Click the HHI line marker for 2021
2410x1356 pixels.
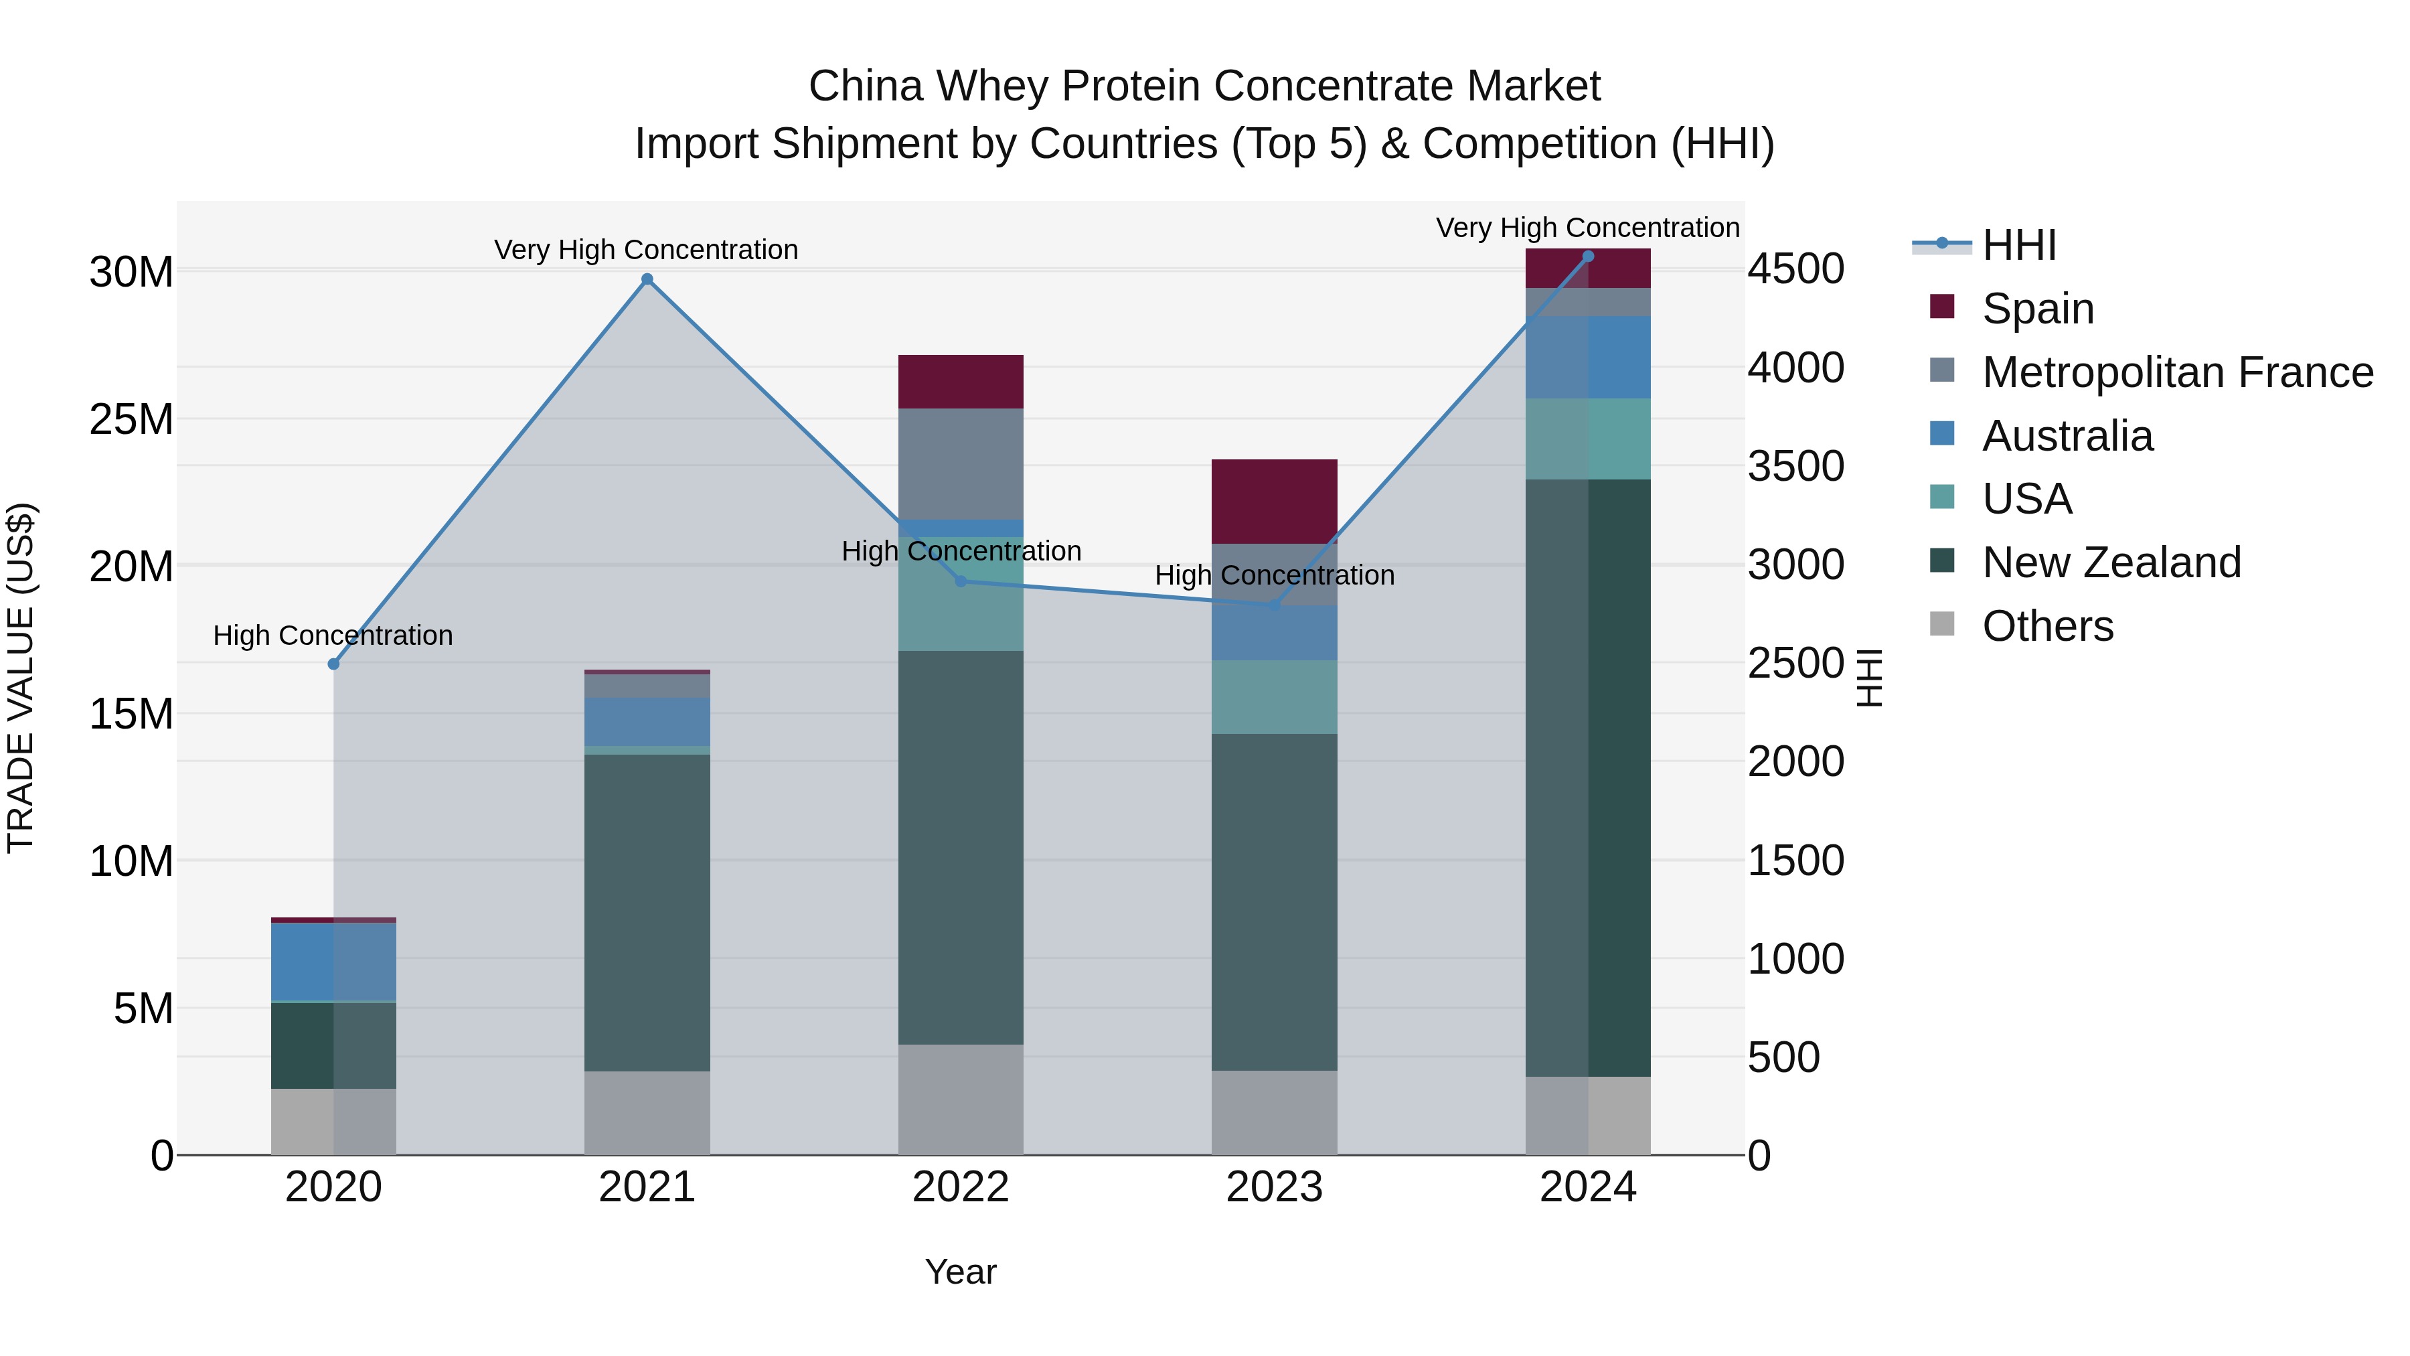tap(647, 279)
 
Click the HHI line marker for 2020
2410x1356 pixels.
tap(333, 664)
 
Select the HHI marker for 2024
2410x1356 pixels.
tap(1588, 256)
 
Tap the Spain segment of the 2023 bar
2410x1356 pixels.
tap(1274, 501)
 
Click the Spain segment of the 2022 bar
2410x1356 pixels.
tap(961, 381)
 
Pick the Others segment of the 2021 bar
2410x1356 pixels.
tap(647, 1113)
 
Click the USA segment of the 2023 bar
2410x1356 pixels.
tap(1274, 697)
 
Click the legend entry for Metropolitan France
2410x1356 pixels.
tap(2177, 372)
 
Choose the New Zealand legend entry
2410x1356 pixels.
tap(2111, 562)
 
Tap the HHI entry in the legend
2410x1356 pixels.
tap(2019, 245)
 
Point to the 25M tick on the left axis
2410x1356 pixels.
tap(131, 419)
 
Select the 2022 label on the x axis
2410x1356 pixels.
tap(961, 1187)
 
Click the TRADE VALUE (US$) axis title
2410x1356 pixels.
tap(21, 678)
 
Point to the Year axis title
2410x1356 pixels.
tap(961, 1272)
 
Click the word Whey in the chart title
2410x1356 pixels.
tap(995, 86)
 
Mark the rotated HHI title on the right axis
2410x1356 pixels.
tap(1868, 678)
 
